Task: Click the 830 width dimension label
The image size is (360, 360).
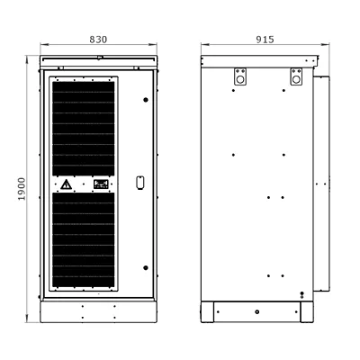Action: [x=98, y=40]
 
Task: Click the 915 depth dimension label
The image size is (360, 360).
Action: [x=265, y=40]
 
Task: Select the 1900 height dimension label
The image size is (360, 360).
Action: [x=22, y=189]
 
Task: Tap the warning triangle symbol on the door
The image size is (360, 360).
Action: [x=66, y=184]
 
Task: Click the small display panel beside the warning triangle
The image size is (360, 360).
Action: [x=101, y=184]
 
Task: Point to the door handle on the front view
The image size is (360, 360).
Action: [x=140, y=183]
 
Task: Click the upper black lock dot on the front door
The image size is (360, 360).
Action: [x=146, y=100]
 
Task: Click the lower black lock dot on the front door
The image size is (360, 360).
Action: [x=146, y=268]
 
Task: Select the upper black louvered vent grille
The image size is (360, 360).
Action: [x=84, y=129]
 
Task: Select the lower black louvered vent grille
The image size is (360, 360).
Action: [x=84, y=239]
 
